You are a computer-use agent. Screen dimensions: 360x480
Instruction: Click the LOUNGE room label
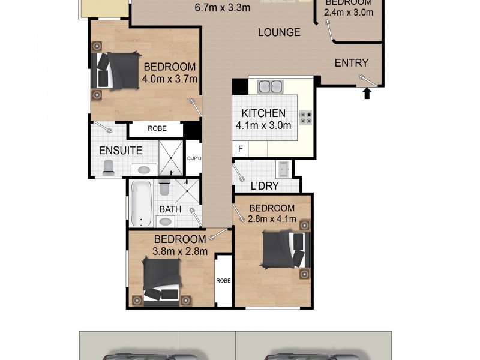pos(279,32)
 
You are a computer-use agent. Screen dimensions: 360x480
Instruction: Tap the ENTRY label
pos(351,63)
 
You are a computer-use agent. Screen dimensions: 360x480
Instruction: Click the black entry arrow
pos(367,93)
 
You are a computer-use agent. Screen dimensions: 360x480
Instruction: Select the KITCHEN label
pos(263,113)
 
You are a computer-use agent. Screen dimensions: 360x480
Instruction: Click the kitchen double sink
pos(270,86)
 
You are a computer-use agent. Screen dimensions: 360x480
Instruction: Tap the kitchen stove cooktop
pos(305,117)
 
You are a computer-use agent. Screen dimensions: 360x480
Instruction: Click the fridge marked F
pos(241,148)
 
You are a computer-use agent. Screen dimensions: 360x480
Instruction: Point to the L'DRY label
pos(265,186)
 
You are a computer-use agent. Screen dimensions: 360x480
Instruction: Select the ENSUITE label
pos(121,151)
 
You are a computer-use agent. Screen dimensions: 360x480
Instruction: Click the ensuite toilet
pos(108,168)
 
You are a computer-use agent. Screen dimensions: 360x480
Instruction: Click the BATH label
pos(170,209)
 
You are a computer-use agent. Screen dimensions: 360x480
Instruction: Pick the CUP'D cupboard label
pos(193,158)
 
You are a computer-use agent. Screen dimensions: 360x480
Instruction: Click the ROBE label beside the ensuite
pos(157,128)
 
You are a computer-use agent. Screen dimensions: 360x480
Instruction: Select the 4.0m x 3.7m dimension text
pos(170,78)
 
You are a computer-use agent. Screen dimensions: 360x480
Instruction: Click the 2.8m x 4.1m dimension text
pos(273,219)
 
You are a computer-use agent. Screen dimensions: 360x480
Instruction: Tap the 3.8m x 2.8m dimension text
pos(180,251)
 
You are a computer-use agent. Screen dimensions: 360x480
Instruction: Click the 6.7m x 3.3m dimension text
pos(223,8)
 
